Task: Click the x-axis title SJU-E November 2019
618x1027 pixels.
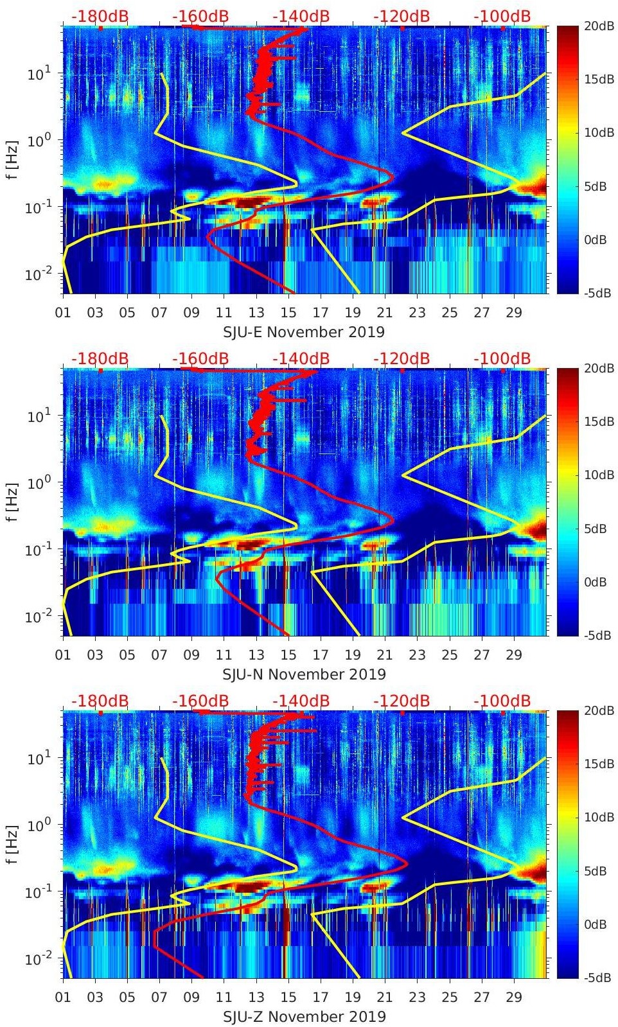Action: tap(304, 331)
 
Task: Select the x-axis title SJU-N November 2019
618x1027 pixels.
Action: tap(304, 674)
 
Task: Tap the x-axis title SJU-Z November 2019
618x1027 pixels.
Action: tap(304, 1016)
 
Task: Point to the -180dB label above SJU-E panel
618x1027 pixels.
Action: tap(100, 16)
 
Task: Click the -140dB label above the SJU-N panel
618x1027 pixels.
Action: tap(301, 358)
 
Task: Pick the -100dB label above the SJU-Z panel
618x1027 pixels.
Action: tap(502, 701)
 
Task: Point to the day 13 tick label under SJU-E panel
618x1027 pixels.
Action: tap(256, 312)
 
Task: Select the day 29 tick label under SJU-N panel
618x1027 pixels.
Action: tap(514, 654)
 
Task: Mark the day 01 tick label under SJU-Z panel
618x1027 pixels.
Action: tap(63, 997)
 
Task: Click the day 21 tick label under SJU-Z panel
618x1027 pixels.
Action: tap(385, 997)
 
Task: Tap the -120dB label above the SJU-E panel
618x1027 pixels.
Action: tap(402, 16)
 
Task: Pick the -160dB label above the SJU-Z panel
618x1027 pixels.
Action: tap(200, 701)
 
